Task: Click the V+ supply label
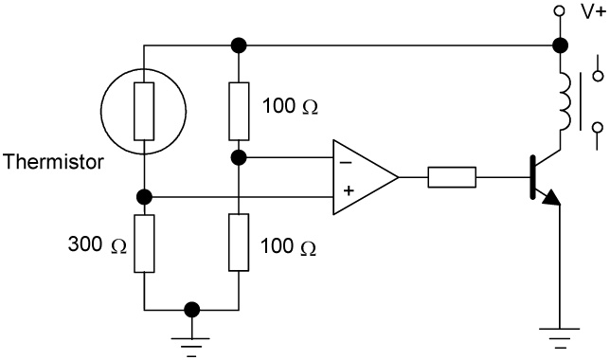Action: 591,12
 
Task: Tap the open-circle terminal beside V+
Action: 561,12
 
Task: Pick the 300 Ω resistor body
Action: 143,243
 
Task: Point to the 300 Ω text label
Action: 97,245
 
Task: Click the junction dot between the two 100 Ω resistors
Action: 238,155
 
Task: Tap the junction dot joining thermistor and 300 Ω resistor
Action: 143,197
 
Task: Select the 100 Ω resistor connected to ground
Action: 238,243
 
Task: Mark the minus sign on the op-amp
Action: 348,160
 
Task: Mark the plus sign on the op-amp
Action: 348,190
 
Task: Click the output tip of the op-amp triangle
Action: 398,176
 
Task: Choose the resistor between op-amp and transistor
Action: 452,176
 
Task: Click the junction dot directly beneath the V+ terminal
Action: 561,45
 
